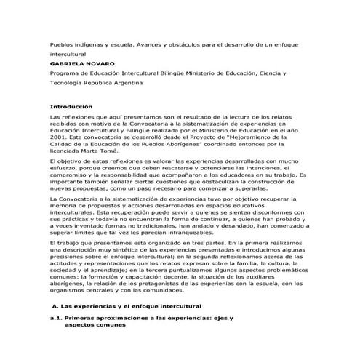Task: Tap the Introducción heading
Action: [71, 106]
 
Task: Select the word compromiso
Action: [71, 175]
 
